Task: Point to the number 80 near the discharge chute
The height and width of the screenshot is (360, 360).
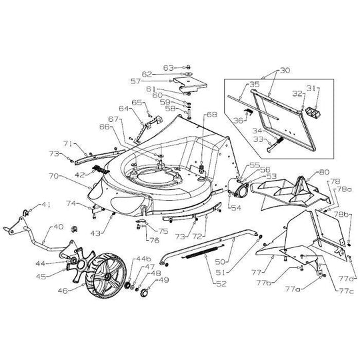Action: (x=324, y=171)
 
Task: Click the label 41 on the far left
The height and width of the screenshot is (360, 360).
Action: (x=47, y=205)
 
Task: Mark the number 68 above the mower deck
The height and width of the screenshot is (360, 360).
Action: (x=211, y=115)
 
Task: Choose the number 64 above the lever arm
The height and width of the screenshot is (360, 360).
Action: (x=124, y=108)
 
